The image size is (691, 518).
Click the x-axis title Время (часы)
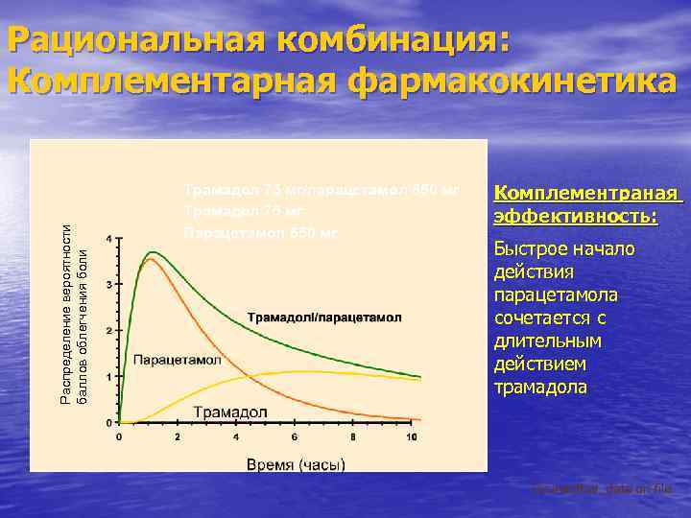pos(296,464)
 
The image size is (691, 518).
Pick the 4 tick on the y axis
pos(109,238)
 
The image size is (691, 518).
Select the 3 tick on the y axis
pos(109,285)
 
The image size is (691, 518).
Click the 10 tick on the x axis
pos(411,437)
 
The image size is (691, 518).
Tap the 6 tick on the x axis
pos(294,437)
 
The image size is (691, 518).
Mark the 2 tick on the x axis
pos(178,437)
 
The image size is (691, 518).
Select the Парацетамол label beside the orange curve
pos(178,361)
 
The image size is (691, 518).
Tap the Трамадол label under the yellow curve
pos(231,412)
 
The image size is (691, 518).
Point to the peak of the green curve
pos(152,252)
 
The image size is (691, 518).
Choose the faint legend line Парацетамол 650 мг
pos(260,232)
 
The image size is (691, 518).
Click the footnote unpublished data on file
pos(603,489)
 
